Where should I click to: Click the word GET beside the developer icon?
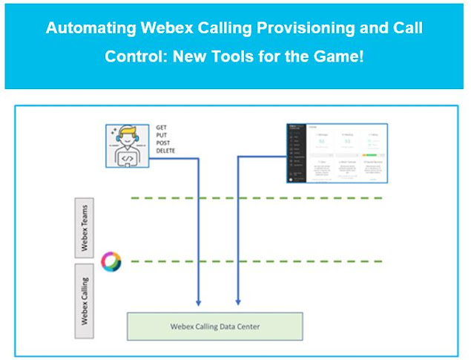162,128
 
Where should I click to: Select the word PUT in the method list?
162,135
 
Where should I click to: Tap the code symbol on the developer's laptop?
128,157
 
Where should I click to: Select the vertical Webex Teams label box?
85,226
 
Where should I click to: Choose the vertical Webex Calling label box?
85,297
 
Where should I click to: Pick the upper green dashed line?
256,198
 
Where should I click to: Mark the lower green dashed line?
256,261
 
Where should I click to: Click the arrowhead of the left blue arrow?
198,302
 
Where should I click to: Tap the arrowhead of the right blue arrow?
237,302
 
